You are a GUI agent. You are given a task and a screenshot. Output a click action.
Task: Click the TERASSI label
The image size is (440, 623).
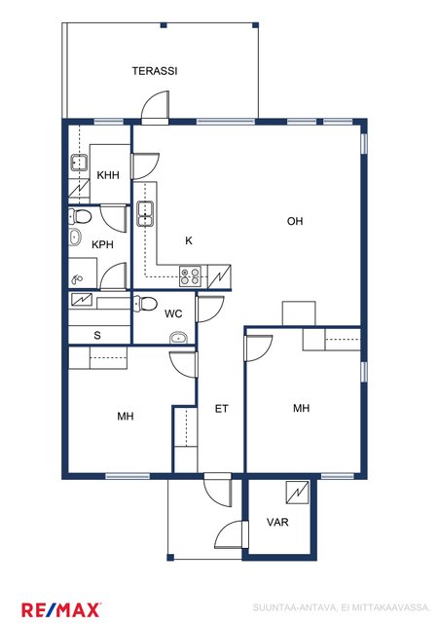(155, 71)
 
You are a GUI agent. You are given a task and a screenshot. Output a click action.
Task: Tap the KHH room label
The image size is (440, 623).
(108, 175)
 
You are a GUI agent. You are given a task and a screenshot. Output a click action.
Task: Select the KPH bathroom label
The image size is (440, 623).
(102, 244)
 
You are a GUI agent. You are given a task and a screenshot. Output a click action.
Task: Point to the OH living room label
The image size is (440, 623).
(295, 221)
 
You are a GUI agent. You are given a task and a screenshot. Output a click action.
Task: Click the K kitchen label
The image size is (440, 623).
(189, 240)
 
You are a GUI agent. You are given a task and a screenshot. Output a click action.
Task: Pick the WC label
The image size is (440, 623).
(173, 313)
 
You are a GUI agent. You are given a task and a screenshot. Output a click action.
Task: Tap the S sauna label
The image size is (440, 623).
(97, 335)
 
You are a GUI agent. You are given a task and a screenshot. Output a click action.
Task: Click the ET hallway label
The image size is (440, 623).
(221, 409)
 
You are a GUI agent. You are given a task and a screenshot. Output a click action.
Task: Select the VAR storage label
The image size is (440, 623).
(277, 522)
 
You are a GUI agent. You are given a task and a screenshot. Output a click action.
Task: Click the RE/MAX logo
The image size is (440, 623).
(60, 610)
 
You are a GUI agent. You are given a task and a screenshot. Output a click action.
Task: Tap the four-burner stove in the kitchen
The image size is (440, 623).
(190, 276)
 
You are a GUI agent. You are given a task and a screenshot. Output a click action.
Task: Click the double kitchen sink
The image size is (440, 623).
(145, 214)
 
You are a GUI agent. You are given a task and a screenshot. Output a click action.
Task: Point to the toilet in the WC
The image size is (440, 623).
(145, 304)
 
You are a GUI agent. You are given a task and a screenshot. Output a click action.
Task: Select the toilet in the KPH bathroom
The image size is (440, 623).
(80, 216)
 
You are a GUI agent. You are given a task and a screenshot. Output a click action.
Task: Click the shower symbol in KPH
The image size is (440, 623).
(77, 279)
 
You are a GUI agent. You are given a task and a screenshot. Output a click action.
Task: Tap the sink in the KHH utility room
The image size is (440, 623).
(79, 163)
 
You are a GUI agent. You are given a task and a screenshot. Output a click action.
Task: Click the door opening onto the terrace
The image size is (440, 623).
(156, 108)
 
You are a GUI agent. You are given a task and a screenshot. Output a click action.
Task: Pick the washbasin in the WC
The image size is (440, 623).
(178, 339)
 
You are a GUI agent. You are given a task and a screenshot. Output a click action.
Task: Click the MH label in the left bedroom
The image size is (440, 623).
(126, 417)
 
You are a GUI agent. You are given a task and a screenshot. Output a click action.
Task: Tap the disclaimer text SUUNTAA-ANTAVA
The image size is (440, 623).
(294, 607)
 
